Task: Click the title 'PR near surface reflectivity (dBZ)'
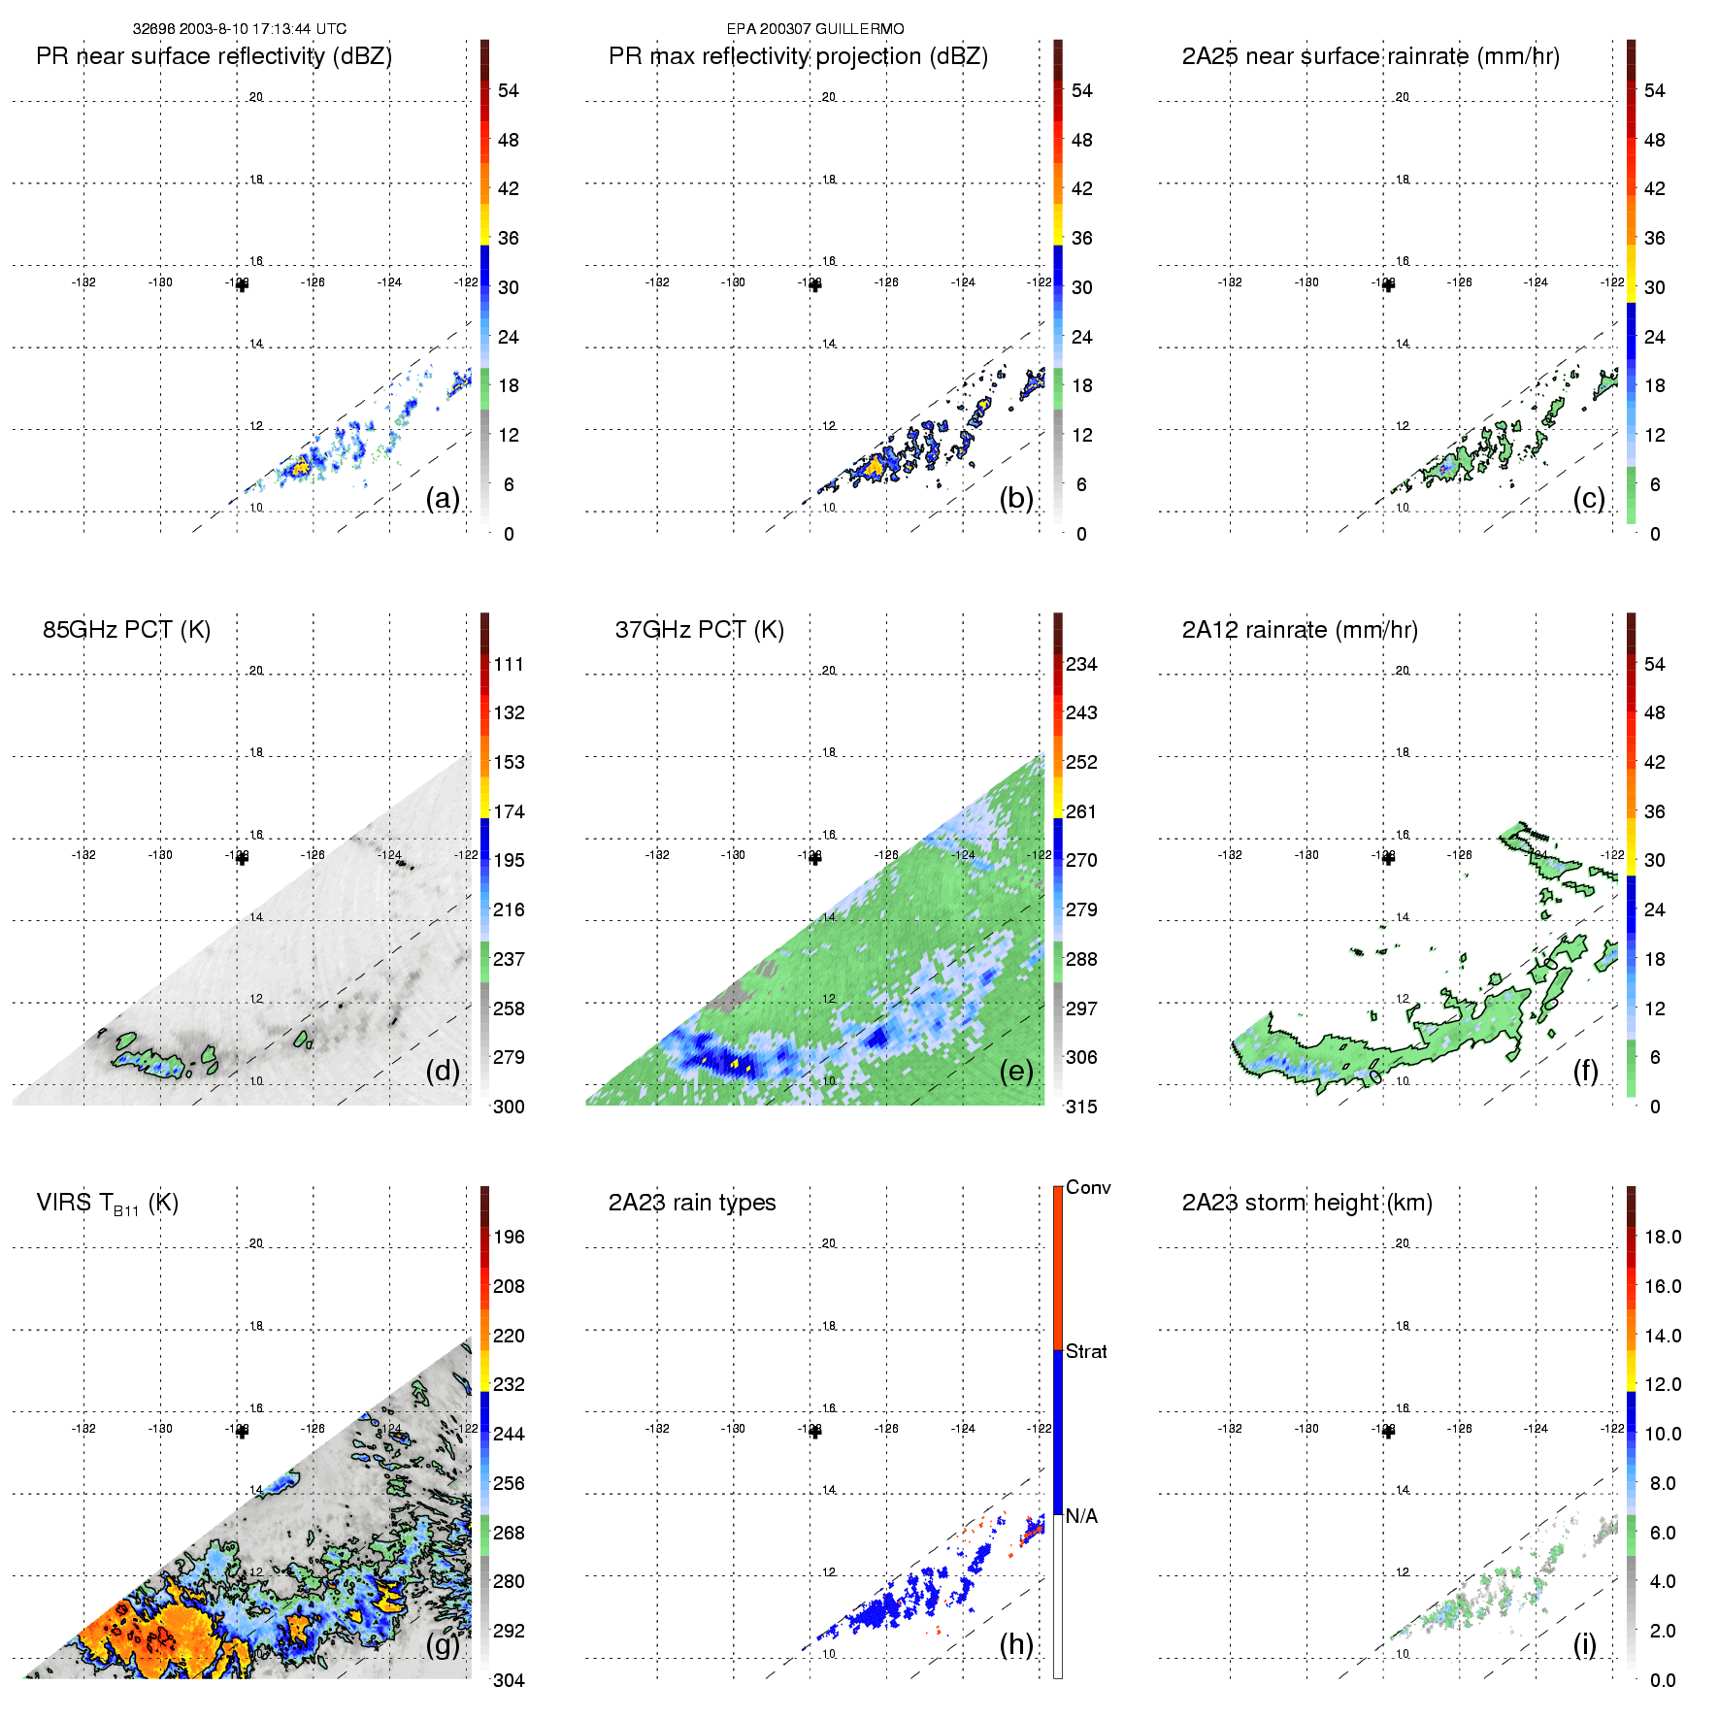coord(214,56)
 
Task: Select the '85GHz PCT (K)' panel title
coord(126,630)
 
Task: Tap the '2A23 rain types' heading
coord(692,1203)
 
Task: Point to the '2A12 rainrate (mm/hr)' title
coord(1300,630)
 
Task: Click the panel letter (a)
coord(443,498)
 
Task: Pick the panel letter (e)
coord(1016,1071)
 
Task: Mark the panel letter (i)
coord(1585,1644)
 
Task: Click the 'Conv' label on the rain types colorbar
coord(1088,1187)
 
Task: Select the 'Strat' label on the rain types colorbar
coord(1086,1351)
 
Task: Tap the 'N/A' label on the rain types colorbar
coord(1081,1516)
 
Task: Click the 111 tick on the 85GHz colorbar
coord(509,664)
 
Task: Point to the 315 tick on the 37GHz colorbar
coord(1081,1107)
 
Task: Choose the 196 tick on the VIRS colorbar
coord(509,1237)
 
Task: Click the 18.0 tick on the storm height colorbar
coord(1663,1237)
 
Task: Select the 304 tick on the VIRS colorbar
coord(509,1680)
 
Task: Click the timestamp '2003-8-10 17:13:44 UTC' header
coord(262,29)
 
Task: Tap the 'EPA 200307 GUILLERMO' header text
coord(815,29)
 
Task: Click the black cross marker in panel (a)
coord(242,285)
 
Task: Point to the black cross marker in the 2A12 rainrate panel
coord(1388,858)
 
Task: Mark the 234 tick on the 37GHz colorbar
coord(1081,664)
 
